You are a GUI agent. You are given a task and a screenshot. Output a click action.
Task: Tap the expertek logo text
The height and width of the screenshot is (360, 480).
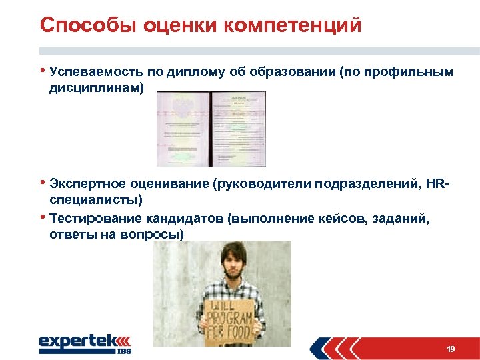click(x=77, y=341)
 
